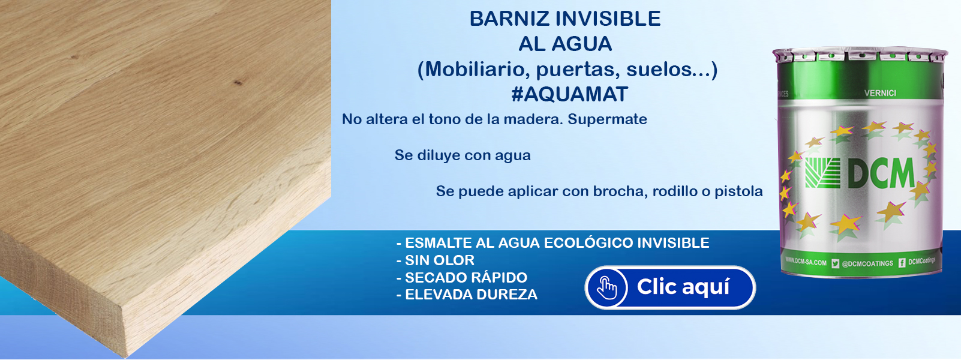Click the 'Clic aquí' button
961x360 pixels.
[x=669, y=287]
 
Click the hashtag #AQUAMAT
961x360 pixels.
[x=570, y=94]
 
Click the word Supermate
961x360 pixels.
[x=607, y=119]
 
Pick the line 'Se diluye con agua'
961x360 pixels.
[x=463, y=155]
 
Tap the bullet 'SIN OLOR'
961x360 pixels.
[x=436, y=260]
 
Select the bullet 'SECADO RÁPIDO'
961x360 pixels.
[x=462, y=278]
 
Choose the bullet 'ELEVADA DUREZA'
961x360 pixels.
[x=467, y=295]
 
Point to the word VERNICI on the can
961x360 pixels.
[x=880, y=93]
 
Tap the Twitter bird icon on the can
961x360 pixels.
[x=835, y=263]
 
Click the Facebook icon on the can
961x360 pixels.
[x=902, y=263]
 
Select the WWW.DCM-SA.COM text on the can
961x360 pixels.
[x=806, y=262]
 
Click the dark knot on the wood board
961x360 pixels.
[x=237, y=82]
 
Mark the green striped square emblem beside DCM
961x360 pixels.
[x=822, y=172]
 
